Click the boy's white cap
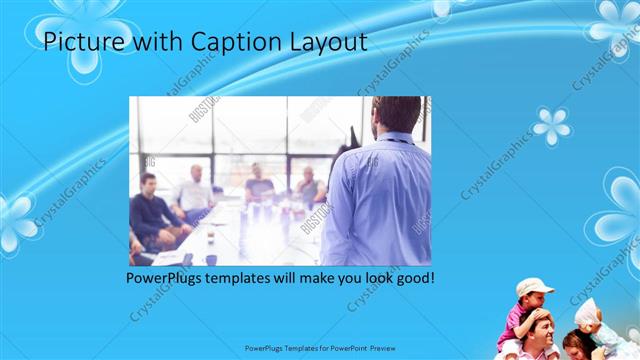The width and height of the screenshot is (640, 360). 535,286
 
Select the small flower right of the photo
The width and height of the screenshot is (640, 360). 551,127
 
